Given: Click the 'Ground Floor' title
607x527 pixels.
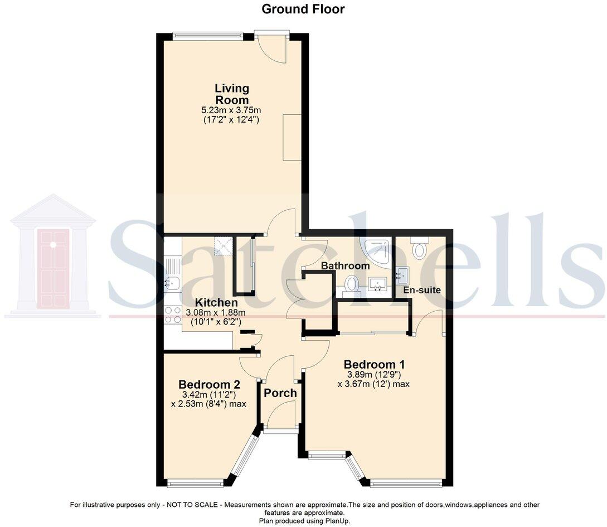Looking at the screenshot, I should click(x=303, y=9).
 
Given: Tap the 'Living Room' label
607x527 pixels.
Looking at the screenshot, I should click(x=232, y=94).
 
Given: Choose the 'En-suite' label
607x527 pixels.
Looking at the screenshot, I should click(x=423, y=290).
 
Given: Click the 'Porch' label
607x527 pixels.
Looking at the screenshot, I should click(x=280, y=393).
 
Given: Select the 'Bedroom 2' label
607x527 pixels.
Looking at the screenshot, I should click(x=208, y=384).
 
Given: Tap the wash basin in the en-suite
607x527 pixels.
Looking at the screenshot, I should click(x=402, y=273).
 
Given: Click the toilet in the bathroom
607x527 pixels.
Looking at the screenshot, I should click(x=351, y=284).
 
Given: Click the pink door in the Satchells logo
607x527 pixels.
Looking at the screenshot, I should click(x=54, y=268).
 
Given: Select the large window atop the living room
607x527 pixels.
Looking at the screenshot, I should click(x=207, y=36).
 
